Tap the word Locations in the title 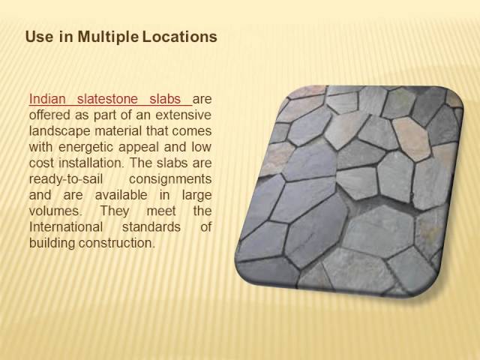click(x=179, y=36)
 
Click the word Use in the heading click(x=37, y=36)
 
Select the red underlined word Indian click(x=47, y=100)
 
